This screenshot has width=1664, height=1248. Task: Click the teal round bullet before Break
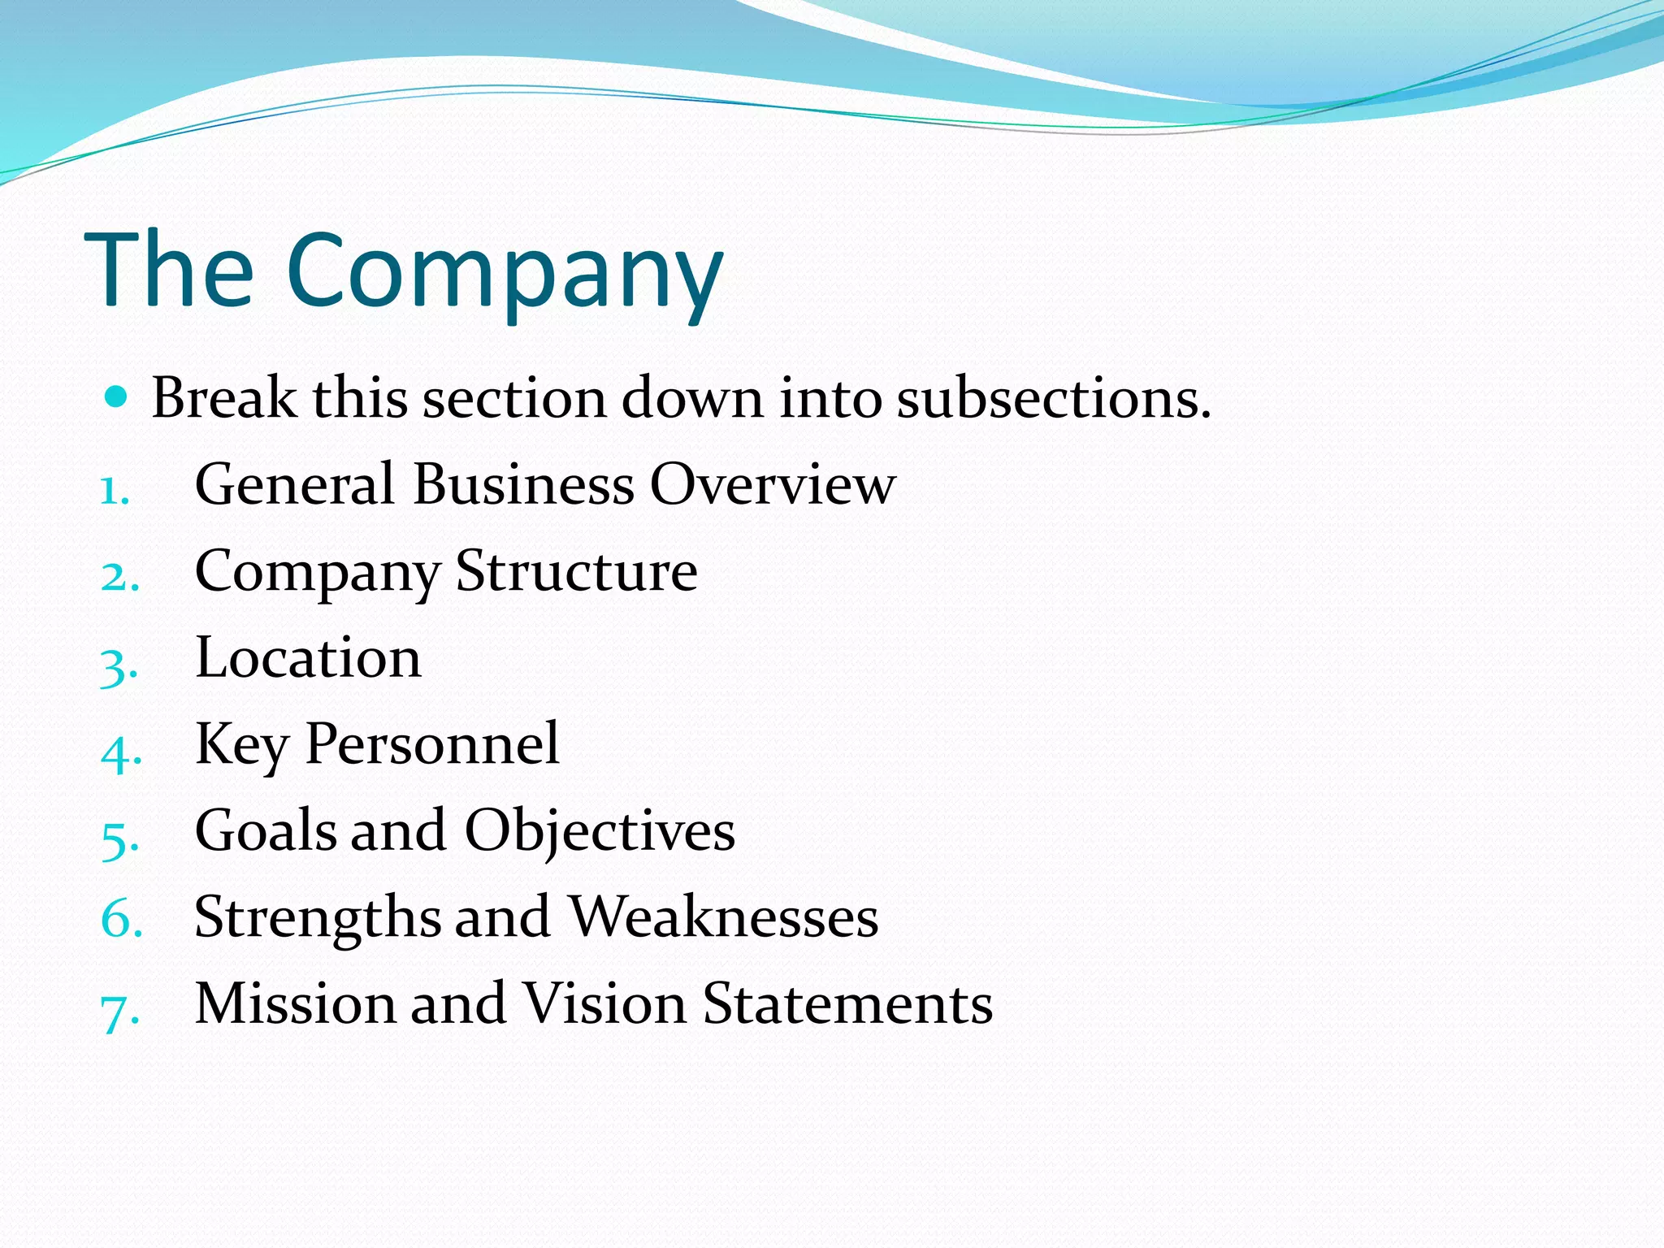[117, 397]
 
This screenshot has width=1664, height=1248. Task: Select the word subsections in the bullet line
[1053, 399]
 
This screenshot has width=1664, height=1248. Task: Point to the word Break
[224, 399]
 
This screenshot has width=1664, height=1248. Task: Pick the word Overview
[772, 485]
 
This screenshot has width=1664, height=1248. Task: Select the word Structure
[576, 571]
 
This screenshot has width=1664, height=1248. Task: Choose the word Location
[308, 657]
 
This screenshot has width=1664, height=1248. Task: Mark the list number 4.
[121, 752]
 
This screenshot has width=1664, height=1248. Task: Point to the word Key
[241, 745]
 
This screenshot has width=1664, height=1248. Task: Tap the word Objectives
[600, 831]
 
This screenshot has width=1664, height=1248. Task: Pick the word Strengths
[317, 919]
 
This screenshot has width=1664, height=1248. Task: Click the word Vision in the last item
[604, 1003]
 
